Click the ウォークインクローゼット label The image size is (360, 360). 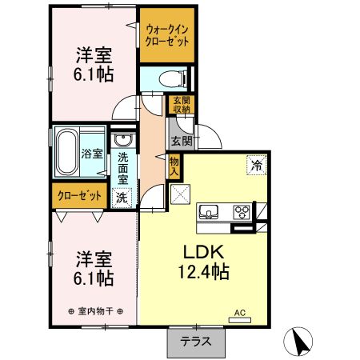click(167, 37)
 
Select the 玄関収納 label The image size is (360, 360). click(179, 105)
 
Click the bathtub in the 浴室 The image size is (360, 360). click(67, 153)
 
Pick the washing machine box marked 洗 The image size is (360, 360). click(122, 197)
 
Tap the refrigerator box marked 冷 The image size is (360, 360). click(257, 166)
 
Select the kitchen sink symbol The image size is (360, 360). click(210, 212)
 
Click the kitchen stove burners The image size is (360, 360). click(242, 211)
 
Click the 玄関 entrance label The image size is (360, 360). click(181, 141)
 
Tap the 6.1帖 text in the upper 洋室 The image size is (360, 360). click(94, 74)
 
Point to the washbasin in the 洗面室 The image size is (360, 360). click(123, 140)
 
